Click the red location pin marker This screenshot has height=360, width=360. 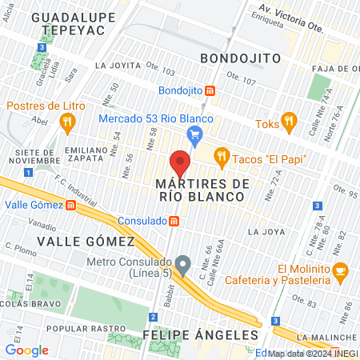coord(180,163)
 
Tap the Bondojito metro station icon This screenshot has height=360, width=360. coord(210,90)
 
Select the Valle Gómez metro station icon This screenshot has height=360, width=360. coord(70,205)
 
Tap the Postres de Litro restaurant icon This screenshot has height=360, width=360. coord(67,122)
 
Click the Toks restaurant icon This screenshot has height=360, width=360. coord(289,124)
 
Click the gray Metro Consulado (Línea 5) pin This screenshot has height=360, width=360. coord(183,264)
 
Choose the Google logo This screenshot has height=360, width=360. coord(26,350)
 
